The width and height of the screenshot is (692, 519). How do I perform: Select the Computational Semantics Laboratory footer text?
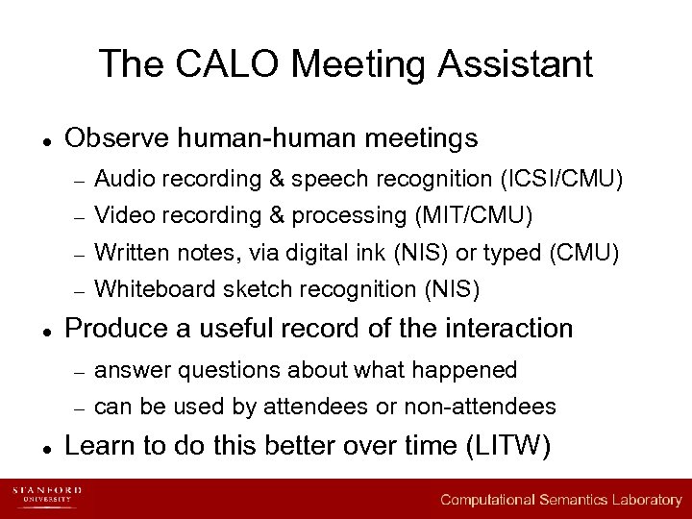[561, 500]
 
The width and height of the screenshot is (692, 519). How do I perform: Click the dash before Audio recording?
[81, 180]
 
